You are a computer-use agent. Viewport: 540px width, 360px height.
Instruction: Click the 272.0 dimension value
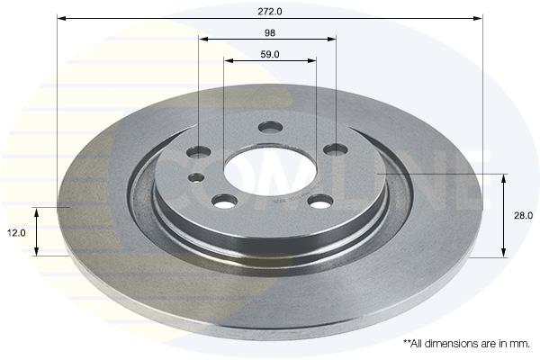click(270, 12)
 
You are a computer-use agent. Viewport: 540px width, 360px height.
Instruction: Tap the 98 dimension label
click(270, 33)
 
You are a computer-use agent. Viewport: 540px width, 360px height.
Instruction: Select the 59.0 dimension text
click(270, 54)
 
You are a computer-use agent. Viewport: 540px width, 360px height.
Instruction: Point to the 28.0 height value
click(523, 216)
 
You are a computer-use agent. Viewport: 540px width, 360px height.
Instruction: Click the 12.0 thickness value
click(16, 233)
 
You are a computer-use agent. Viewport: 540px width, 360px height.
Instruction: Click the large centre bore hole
click(270, 171)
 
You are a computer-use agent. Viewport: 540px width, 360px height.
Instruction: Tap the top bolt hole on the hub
click(270, 127)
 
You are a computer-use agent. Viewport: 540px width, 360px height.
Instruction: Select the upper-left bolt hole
click(198, 151)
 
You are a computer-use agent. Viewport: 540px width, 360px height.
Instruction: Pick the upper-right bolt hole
click(336, 149)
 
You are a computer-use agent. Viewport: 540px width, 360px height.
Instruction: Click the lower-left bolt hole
click(224, 201)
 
